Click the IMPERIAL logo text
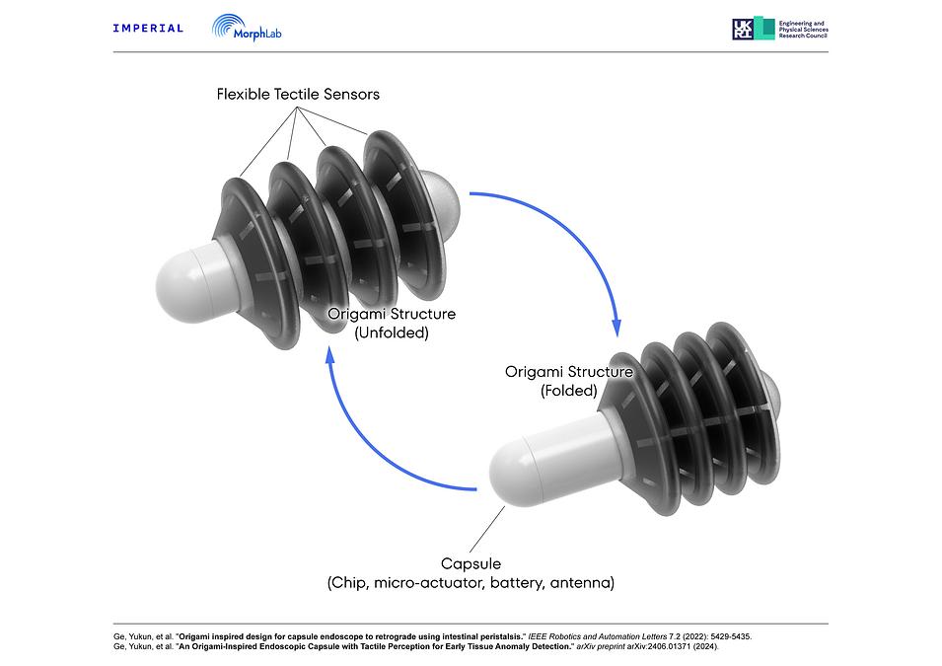148,29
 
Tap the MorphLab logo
247,29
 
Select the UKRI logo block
754,29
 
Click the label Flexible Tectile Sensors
298,95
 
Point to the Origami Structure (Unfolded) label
392,324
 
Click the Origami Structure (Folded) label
569,381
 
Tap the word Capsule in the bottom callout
471,563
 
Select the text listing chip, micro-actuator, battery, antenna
471,582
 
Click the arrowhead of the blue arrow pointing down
616,328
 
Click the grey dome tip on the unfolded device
442,195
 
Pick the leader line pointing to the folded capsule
487,529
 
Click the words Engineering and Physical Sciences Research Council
803,30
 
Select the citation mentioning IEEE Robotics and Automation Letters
433,636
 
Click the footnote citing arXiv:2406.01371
415,647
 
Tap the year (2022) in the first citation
695,636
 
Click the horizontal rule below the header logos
471,52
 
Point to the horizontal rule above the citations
471,624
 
